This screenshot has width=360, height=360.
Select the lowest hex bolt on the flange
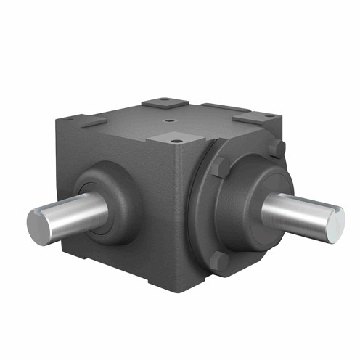point(222,260)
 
